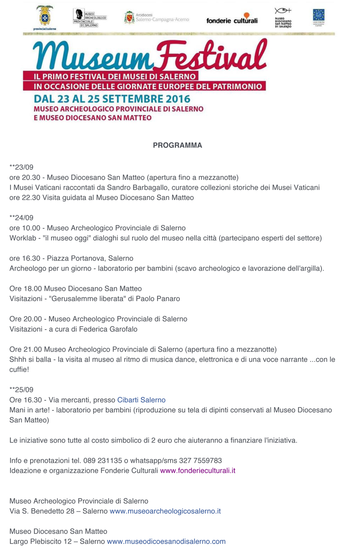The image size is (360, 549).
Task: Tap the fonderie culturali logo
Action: (232, 20)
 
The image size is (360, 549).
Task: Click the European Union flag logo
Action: (319, 16)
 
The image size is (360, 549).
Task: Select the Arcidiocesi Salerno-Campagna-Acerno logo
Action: (156, 18)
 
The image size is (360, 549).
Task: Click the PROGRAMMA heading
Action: (177, 145)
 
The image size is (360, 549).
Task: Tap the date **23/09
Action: (21, 168)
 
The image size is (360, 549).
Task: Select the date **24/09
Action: (21, 218)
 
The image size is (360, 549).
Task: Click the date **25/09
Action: (21, 390)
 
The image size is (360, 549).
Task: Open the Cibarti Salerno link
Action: (141, 400)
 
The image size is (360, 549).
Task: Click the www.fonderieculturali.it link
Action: (197, 471)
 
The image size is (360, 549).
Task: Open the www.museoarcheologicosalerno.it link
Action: (165, 511)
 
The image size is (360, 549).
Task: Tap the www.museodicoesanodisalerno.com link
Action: (166, 541)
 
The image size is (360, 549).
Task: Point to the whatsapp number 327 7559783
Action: (200, 461)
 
